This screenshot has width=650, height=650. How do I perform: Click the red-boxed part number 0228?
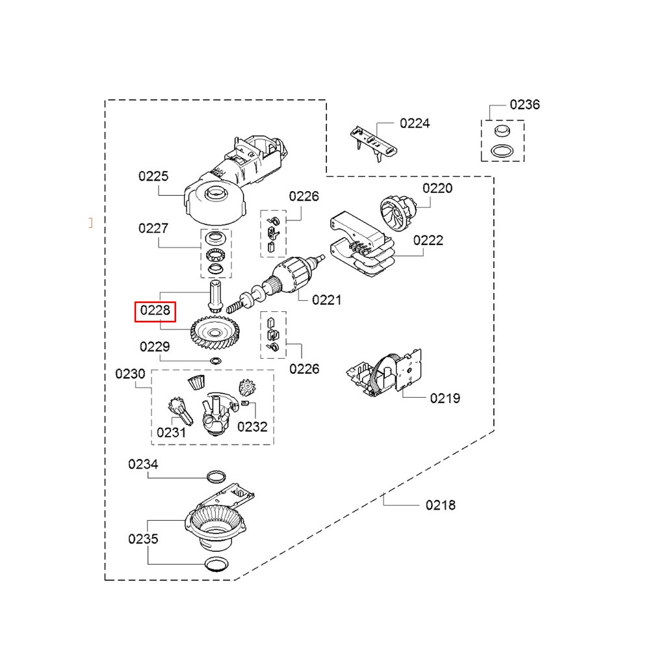point(155,311)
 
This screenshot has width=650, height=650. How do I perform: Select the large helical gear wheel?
point(216,332)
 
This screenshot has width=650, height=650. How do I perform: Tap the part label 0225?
point(153,176)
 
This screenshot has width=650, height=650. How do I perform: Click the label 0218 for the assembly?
point(441,505)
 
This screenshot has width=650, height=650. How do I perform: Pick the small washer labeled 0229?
point(216,361)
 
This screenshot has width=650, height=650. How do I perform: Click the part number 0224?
point(415,123)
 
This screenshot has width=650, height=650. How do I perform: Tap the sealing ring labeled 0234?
point(216,476)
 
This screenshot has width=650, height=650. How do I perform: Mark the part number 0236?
point(525,105)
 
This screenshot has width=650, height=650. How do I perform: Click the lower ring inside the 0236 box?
point(502,151)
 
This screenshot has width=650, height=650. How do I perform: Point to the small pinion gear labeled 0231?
point(180,411)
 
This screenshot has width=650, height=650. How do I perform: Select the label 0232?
point(252,426)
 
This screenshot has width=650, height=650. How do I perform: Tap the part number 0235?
point(143,539)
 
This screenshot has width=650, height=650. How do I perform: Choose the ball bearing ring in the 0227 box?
point(216,254)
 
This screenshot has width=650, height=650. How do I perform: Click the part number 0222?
point(428,240)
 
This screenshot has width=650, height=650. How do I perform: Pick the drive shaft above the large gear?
point(216,296)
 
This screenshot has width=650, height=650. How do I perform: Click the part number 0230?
point(130,374)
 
